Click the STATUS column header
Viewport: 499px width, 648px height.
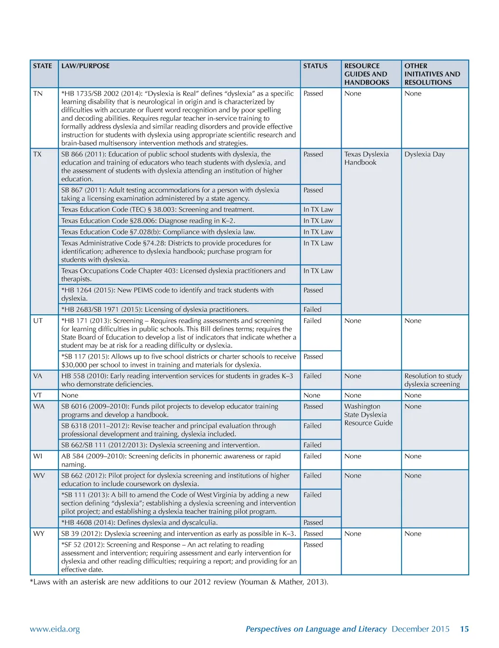315,66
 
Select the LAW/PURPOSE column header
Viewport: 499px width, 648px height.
85,66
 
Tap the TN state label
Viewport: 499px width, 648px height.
38,94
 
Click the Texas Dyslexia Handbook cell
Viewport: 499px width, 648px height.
366,158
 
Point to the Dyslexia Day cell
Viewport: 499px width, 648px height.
424,154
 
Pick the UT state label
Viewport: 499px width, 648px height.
38,321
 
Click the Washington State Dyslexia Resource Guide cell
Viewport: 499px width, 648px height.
368,415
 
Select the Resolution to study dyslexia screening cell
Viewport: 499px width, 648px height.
433,380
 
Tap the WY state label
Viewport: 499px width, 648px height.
38,534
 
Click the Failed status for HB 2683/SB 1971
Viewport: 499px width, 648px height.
312,309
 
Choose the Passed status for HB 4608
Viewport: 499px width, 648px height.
313,522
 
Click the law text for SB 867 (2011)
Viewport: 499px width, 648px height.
170,194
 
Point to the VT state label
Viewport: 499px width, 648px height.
38,395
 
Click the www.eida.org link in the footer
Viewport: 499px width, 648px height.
55,629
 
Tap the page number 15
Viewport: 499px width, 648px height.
464,629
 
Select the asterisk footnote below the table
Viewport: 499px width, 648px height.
179,582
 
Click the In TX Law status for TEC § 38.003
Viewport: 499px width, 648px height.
318,210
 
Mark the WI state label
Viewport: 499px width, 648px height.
38,456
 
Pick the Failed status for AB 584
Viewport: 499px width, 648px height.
312,456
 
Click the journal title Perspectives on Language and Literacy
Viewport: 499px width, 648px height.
316,629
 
